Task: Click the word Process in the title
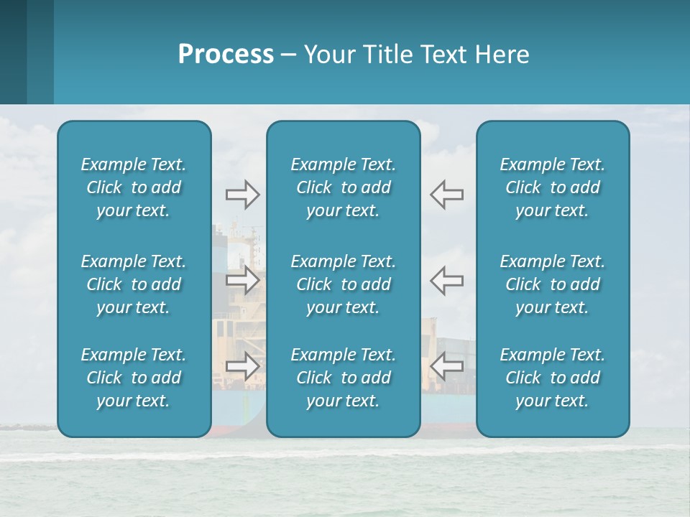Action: pos(226,55)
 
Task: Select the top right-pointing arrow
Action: pos(242,195)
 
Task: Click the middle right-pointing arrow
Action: pos(242,280)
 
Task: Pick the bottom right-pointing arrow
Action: pos(242,365)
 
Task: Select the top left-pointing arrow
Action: pos(446,195)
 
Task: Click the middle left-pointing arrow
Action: pos(446,280)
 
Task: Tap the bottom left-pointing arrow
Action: pos(446,365)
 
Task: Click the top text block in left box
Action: pos(134,187)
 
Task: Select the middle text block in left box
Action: pos(134,284)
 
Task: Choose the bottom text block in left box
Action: pos(134,378)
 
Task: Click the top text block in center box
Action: pos(343,187)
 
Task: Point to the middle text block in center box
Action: pos(343,284)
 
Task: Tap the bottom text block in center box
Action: pos(343,378)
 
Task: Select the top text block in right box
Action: pos(552,187)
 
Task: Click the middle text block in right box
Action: pos(552,284)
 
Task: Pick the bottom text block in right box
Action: pos(552,378)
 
